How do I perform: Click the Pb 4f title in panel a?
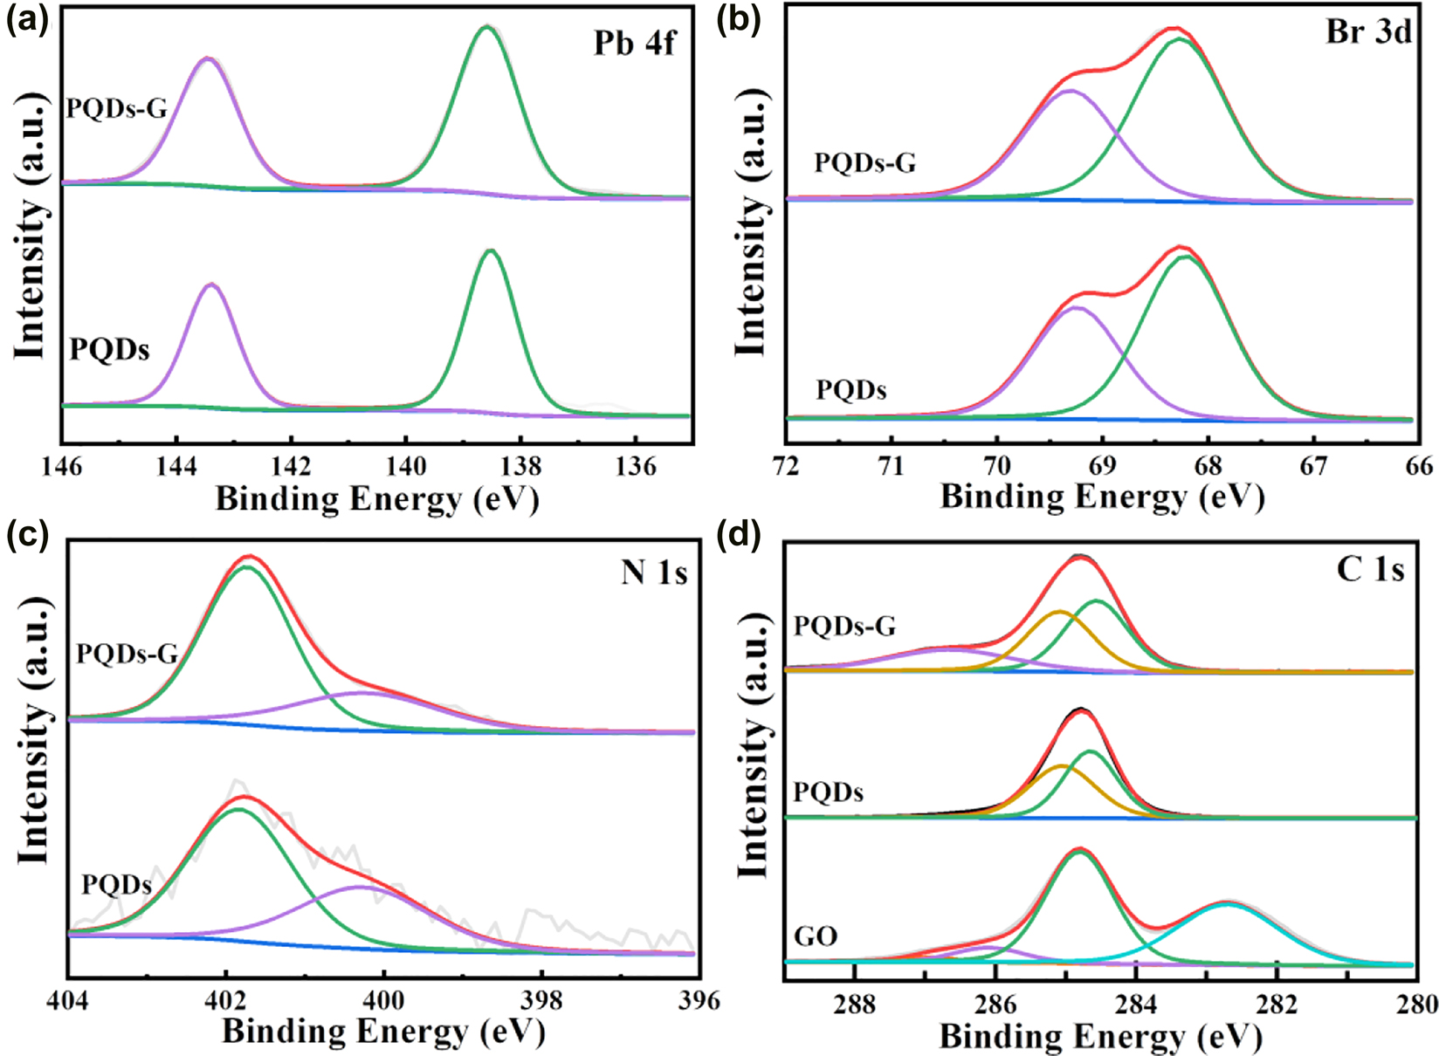point(634,44)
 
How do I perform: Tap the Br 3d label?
point(1368,32)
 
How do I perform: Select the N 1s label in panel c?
point(654,573)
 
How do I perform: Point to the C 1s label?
point(1370,570)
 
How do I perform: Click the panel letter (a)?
point(27,20)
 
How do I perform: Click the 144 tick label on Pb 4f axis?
point(176,467)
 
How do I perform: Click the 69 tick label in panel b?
point(1102,466)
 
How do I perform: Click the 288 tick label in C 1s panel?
point(854,1005)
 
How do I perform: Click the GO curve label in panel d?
point(816,936)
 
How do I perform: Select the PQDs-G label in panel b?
point(864,163)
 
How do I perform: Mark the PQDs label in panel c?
point(116,885)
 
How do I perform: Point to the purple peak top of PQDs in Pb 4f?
point(210,285)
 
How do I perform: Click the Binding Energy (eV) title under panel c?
point(383,1032)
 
